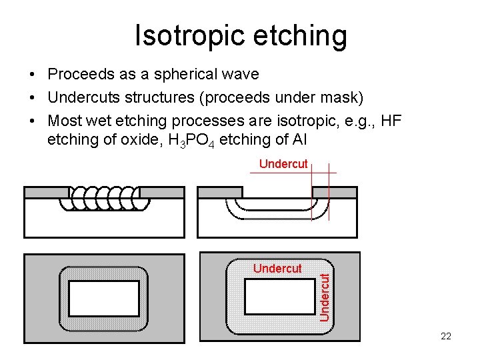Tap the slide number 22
click(446, 336)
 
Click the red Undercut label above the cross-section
click(283, 163)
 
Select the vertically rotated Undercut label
click(324, 295)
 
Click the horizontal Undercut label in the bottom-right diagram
click(277, 269)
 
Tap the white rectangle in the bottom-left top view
click(104, 298)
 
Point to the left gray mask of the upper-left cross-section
click(45, 193)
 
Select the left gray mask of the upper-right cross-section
click(219, 192)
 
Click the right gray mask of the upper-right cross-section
click(343, 192)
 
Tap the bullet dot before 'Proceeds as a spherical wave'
click(32, 73)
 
